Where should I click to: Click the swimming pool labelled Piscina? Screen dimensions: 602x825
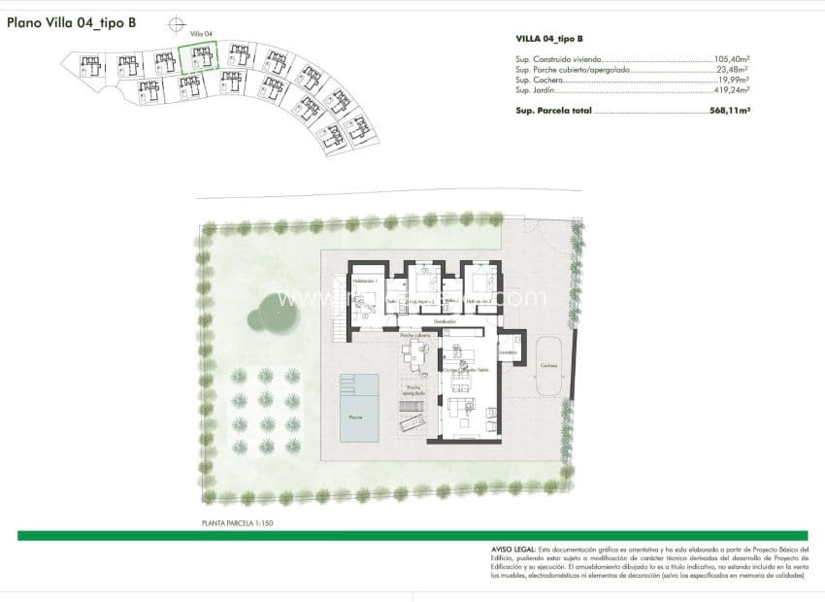point(359,407)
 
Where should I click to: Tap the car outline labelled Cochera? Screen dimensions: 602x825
point(550,365)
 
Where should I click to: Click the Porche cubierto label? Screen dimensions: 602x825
point(414,336)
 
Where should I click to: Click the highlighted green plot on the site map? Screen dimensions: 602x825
point(200,59)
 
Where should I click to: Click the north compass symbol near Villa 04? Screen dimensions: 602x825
point(176,24)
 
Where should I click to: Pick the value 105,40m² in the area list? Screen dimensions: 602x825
point(732,59)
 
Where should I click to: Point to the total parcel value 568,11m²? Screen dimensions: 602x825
point(730,112)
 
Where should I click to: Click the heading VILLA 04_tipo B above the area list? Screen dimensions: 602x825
point(549,39)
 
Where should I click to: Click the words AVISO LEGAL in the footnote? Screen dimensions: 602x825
point(512,550)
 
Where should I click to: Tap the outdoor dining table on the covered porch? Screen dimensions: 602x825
point(418,355)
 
